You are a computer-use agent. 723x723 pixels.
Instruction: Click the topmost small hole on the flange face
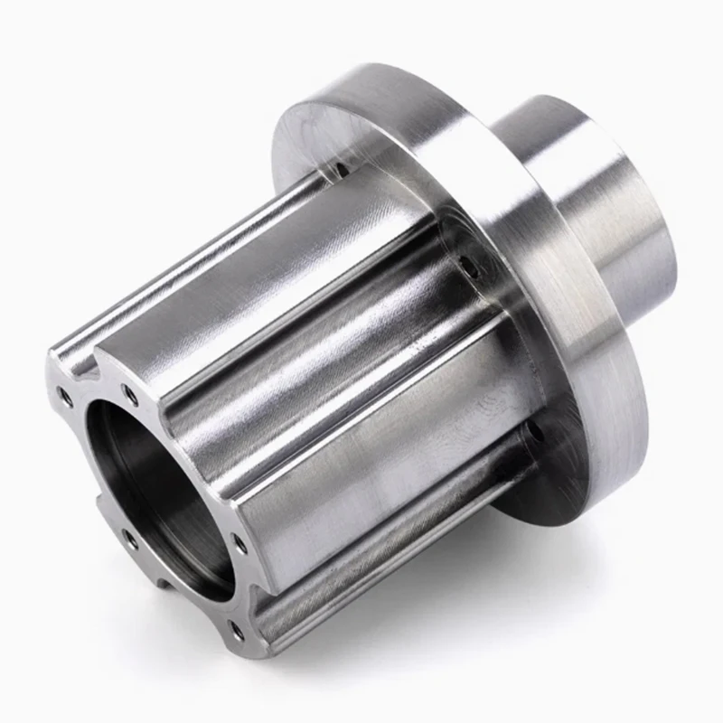click(343, 166)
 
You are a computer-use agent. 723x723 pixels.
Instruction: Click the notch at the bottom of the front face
click(163, 587)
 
